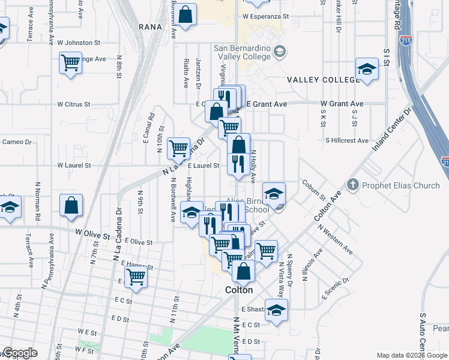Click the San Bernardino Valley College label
tap(243, 53)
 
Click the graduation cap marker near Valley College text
tap(366, 69)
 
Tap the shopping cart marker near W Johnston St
tap(70, 62)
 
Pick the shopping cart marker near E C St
tap(137, 277)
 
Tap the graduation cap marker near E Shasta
tap(276, 310)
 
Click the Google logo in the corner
tap(19, 353)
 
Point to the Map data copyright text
tap(412, 355)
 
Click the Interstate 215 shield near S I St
tap(407, 41)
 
